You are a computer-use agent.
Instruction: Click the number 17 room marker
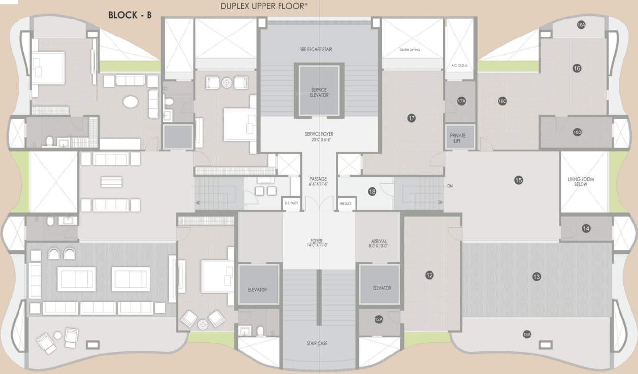coord(412,118)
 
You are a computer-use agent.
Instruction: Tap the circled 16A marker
coord(581,25)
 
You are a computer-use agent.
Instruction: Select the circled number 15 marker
coord(518,180)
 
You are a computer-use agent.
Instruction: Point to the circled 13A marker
coord(526,335)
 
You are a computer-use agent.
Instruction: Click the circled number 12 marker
coord(429,275)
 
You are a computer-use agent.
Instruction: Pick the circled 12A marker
coord(379,319)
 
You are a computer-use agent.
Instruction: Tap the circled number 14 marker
coord(586,228)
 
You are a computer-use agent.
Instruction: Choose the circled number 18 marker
coord(372,192)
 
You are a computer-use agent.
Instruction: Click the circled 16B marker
coord(577,132)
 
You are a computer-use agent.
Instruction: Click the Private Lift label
coord(458,138)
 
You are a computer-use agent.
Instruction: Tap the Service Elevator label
coord(319,93)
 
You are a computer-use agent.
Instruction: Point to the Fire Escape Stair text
coord(316,50)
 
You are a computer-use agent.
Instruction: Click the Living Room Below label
coord(581,182)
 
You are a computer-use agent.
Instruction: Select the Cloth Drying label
coord(410,50)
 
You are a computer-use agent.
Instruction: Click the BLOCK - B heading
coord(130,15)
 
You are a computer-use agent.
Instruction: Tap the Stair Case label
coord(317,344)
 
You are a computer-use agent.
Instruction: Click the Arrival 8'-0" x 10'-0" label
coord(379,243)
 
